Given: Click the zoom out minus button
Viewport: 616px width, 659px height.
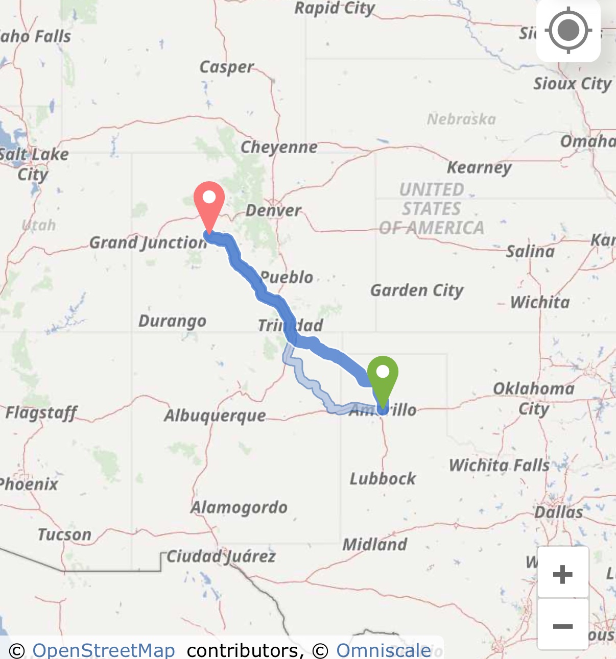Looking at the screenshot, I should pos(563,626).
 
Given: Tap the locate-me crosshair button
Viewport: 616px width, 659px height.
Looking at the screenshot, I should pos(568,31).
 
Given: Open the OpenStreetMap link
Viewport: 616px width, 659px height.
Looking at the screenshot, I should pos(104,650).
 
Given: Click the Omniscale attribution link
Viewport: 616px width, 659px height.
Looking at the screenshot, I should pos(383,650).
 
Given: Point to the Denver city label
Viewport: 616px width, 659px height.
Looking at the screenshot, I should pos(273,210).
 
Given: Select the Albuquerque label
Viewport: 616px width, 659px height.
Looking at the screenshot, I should pos(215,416).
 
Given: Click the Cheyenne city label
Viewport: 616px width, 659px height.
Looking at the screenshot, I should pos(279,148).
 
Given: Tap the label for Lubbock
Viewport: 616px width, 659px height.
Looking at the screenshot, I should pos(383,479).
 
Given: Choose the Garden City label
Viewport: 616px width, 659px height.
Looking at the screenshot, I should pos(417,290).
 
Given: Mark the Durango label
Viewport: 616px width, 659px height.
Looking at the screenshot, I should pos(173,322).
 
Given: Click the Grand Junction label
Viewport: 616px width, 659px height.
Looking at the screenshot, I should pos(148,242).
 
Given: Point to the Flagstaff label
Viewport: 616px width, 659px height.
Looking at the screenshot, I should pos(41,412).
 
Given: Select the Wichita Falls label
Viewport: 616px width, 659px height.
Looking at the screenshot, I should pos(499,466).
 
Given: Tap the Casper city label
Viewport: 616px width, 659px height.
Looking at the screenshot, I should pos(226,67).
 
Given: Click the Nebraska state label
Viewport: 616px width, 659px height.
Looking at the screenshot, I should pos(461,119).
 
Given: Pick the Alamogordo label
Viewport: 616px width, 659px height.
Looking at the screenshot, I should pos(239,507).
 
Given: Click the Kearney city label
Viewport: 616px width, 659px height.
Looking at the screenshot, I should pos(479,167).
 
